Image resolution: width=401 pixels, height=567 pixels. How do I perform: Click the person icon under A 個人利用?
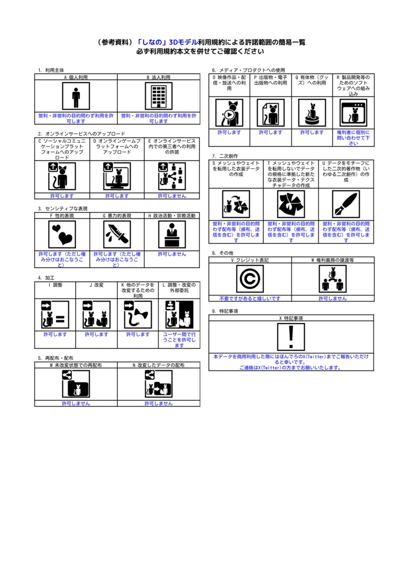point(76,97)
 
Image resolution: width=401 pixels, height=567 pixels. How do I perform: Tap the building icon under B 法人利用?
point(159,97)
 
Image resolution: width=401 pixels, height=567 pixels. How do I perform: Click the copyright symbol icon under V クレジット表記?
point(250,279)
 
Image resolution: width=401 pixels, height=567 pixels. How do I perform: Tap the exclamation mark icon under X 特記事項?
point(291,337)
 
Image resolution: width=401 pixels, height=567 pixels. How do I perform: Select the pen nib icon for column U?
point(346,204)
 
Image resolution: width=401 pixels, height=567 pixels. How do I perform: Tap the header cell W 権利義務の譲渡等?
point(332,260)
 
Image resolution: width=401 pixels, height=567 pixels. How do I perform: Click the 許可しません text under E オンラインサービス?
point(172,195)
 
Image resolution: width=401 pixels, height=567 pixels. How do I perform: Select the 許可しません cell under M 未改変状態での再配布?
point(76,403)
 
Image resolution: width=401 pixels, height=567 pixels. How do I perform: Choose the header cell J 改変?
point(96,285)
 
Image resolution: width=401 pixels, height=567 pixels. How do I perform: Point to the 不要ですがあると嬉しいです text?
point(250,298)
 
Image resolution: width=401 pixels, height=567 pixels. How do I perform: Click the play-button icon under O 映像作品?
point(229,113)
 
